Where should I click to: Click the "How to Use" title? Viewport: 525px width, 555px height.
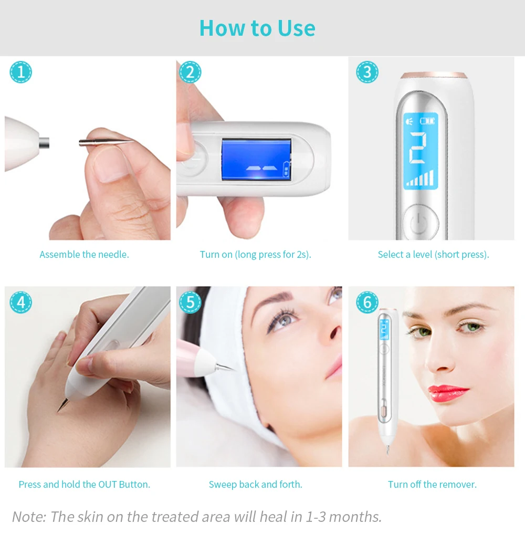point(257,28)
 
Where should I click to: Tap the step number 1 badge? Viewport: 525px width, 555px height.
point(20,72)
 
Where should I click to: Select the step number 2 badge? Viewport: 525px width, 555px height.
point(190,72)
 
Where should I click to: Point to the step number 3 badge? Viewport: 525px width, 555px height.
point(367,72)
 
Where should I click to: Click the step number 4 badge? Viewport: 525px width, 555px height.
point(20,302)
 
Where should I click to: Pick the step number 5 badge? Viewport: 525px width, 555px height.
point(190,302)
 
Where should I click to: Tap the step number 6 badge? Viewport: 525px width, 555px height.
point(367,302)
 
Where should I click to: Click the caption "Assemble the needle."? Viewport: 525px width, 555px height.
point(84,255)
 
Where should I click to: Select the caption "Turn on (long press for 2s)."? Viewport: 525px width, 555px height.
point(256,255)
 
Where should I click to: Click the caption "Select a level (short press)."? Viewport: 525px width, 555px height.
point(433,255)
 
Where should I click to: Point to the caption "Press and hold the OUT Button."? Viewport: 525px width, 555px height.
point(84,484)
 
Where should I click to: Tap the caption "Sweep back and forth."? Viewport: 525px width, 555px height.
point(256,484)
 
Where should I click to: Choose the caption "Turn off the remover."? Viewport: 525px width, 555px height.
point(432,484)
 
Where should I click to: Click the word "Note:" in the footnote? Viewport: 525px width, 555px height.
point(29,517)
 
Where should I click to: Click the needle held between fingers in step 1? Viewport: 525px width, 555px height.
point(106,142)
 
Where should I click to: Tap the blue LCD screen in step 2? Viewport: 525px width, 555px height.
point(256,160)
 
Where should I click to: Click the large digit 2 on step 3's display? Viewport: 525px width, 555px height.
point(418,149)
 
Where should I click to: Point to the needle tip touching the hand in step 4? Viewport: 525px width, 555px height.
point(58,411)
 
